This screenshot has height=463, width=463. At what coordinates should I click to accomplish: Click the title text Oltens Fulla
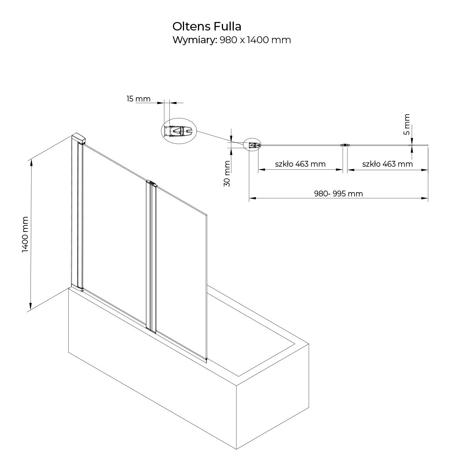(x=207, y=27)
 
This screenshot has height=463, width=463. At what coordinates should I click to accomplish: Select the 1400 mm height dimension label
(x=25, y=235)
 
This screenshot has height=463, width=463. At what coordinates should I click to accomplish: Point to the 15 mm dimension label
(x=139, y=99)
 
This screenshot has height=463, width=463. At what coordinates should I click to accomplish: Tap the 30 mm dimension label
(x=227, y=174)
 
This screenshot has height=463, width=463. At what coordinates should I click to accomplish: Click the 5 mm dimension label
(x=407, y=124)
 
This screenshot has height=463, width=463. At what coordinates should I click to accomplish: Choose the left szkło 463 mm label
(x=300, y=164)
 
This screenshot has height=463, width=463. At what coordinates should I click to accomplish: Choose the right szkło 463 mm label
(x=387, y=164)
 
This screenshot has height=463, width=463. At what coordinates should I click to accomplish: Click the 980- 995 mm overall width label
(x=338, y=194)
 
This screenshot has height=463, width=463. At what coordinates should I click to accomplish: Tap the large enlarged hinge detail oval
(x=179, y=131)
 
